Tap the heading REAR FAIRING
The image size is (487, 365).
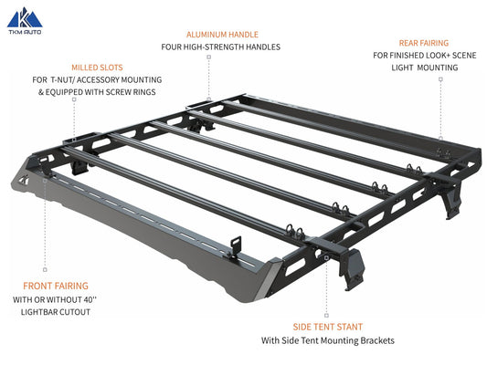[x=424, y=42]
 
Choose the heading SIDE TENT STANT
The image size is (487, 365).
[x=327, y=326]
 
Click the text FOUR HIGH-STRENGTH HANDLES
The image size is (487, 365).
[x=220, y=47]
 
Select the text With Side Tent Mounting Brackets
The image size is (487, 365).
[x=327, y=340]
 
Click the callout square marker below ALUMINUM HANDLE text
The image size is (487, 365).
[x=209, y=57]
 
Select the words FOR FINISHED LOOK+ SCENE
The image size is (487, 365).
[x=424, y=55]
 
